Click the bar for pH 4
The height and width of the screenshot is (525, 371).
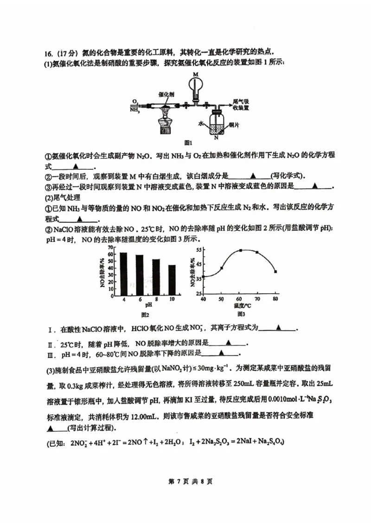(x=123, y=273)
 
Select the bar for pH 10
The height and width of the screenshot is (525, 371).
(x=172, y=280)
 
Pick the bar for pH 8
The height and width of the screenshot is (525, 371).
(x=156, y=276)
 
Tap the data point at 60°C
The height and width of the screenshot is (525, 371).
(x=241, y=250)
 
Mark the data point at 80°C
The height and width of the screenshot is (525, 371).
(x=275, y=271)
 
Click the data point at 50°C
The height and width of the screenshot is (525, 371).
(x=222, y=268)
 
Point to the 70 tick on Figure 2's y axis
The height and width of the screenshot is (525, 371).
(x=111, y=248)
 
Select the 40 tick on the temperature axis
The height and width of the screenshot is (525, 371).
(x=203, y=299)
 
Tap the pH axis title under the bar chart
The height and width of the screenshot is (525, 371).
(x=148, y=306)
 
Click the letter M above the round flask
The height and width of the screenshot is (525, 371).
(x=195, y=74)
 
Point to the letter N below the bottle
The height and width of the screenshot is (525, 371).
(x=216, y=138)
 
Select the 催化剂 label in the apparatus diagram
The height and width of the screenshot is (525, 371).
(x=166, y=94)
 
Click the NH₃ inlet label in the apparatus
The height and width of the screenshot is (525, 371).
(x=135, y=110)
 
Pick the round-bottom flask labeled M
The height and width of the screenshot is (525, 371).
(x=196, y=85)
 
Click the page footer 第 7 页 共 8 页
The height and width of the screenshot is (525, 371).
(x=185, y=481)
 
